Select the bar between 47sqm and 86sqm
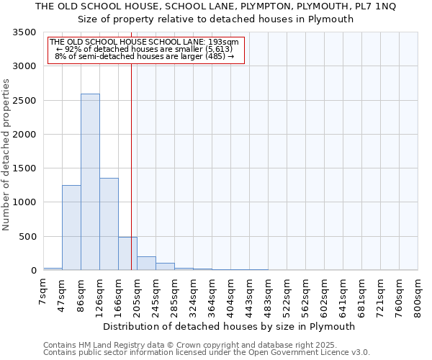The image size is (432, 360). (x=71, y=228)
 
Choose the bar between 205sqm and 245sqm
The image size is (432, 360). (x=146, y=264)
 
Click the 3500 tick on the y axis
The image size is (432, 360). (x=24, y=33)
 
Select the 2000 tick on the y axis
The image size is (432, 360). (x=24, y=135)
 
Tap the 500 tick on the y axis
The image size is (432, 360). (x=27, y=237)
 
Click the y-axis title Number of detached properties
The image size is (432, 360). (x=7, y=155)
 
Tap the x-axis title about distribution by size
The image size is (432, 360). (x=230, y=326)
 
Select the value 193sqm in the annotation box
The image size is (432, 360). (x=225, y=42)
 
